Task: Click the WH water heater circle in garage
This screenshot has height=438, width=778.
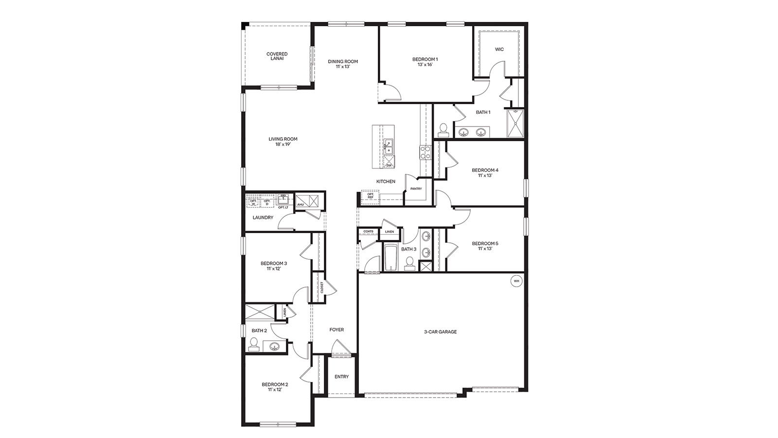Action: click(516, 281)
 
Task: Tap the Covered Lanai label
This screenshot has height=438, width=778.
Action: click(277, 56)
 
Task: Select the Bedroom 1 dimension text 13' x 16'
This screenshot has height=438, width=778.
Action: click(422, 64)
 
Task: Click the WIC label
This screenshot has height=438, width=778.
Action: click(499, 49)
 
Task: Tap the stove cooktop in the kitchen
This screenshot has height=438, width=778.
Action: click(425, 152)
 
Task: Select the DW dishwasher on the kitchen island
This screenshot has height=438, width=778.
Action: click(389, 164)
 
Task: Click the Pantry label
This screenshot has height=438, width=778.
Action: click(416, 188)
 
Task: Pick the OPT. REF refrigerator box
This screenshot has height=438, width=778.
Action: click(371, 195)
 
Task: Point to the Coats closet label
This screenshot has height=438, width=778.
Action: click(368, 231)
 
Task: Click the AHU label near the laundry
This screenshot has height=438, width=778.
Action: click(301, 204)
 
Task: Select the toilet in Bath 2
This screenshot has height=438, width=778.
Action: click(253, 344)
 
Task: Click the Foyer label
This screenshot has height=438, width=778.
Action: click(336, 329)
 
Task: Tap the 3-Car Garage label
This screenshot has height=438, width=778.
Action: click(440, 332)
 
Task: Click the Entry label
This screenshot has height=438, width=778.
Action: click(341, 376)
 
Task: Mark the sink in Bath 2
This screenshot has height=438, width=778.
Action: click(275, 346)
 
